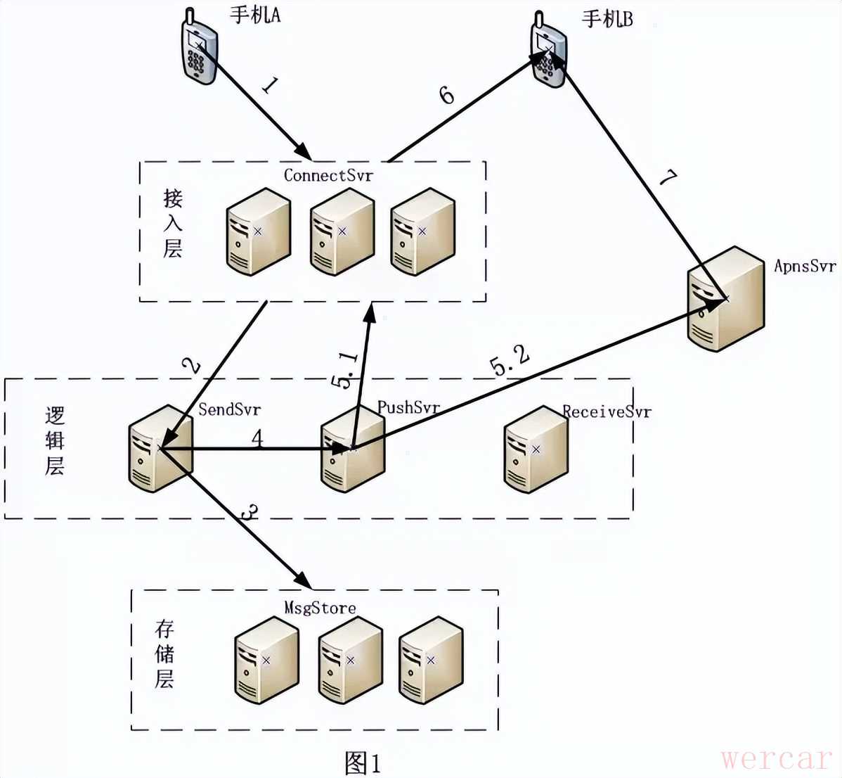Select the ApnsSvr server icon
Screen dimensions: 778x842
[x=725, y=298]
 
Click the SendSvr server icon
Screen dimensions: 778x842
[x=160, y=448]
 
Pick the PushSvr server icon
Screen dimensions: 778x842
[x=352, y=448]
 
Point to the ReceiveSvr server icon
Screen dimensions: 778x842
[x=536, y=449]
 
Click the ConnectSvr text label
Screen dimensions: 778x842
[x=328, y=175]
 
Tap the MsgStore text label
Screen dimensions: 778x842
[x=320, y=607]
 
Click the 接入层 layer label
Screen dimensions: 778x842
[x=173, y=224]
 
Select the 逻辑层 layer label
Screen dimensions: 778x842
[x=55, y=441]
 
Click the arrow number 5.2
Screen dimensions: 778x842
[x=509, y=362]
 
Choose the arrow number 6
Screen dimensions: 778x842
[x=446, y=94]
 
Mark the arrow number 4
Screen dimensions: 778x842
[x=257, y=438]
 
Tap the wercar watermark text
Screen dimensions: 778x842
[x=776, y=758]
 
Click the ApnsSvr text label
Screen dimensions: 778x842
[x=805, y=266]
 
